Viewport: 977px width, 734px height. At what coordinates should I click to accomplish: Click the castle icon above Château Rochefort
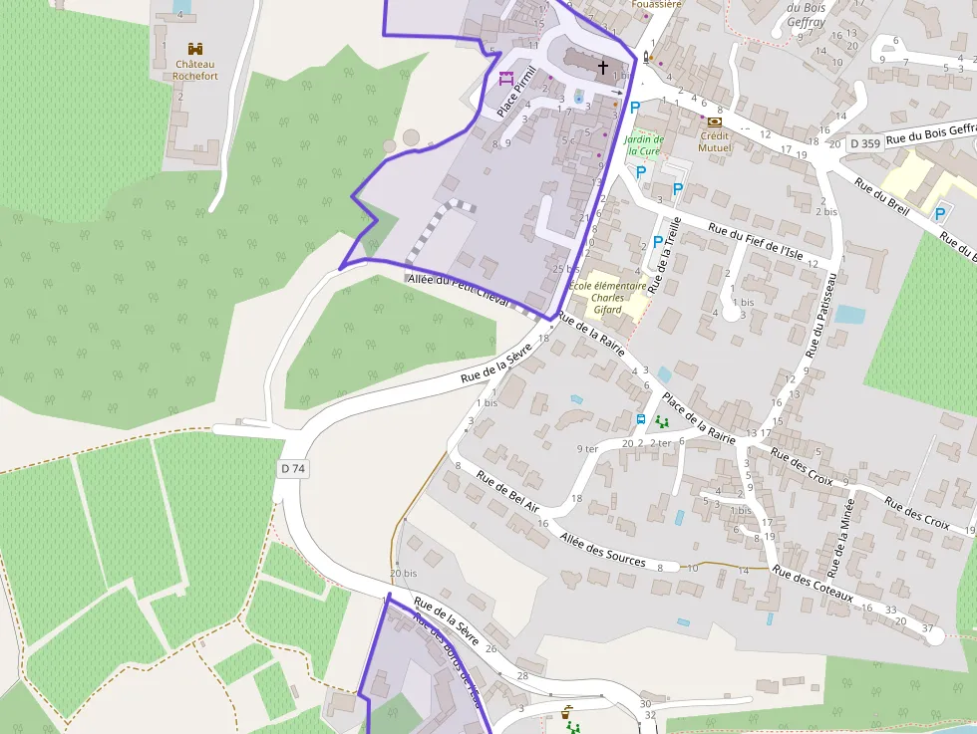click(x=194, y=48)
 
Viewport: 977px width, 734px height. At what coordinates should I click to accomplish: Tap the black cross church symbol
click(x=602, y=68)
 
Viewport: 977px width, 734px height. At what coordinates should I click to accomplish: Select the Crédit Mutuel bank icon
click(x=714, y=122)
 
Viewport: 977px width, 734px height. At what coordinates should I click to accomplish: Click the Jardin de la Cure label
click(x=644, y=145)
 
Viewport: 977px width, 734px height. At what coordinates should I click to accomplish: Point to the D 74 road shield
click(x=292, y=468)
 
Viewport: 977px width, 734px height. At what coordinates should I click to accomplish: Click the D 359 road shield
click(x=865, y=143)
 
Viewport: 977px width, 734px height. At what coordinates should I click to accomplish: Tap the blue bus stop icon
click(x=641, y=418)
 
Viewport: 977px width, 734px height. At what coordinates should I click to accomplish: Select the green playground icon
click(x=662, y=422)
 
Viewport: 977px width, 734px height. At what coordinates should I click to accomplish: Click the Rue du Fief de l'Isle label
click(x=755, y=241)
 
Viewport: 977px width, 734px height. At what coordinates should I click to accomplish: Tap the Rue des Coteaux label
click(x=813, y=585)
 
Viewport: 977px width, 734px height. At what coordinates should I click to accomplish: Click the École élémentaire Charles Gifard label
click(x=607, y=297)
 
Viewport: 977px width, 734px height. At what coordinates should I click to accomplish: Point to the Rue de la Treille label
click(x=665, y=255)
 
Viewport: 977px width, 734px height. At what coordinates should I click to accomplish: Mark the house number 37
click(x=927, y=628)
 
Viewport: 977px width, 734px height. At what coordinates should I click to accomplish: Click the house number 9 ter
click(x=587, y=449)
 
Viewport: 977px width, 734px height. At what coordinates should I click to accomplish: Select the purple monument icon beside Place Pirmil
click(x=505, y=78)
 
